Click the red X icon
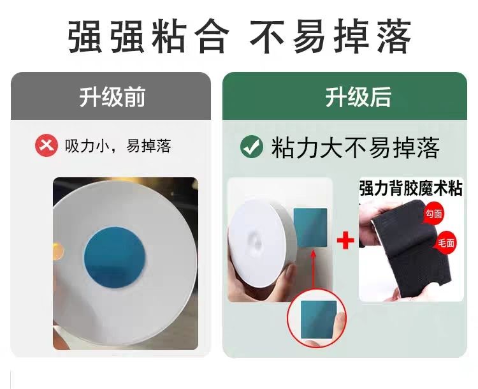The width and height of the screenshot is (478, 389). click(47, 145)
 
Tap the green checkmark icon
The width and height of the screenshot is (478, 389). click(252, 147)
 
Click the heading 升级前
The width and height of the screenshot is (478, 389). click(112, 97)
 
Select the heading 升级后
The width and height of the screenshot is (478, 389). click(358, 97)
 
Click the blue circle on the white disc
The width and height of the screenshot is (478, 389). click(115, 257)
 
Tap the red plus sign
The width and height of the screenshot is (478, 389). click(345, 240)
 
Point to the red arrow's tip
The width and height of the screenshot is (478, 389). click(313, 250)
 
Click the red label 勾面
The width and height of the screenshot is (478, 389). click(433, 214)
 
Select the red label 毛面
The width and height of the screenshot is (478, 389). click(445, 243)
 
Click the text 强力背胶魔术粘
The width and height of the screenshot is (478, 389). click(410, 188)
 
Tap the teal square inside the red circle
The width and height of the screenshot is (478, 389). click(319, 319)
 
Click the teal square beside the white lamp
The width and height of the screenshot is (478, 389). click(310, 228)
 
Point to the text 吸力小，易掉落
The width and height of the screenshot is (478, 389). click(118, 145)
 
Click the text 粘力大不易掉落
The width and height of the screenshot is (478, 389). click(356, 147)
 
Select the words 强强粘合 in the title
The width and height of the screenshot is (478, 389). click(148, 36)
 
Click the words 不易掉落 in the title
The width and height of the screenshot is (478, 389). click(331, 36)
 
